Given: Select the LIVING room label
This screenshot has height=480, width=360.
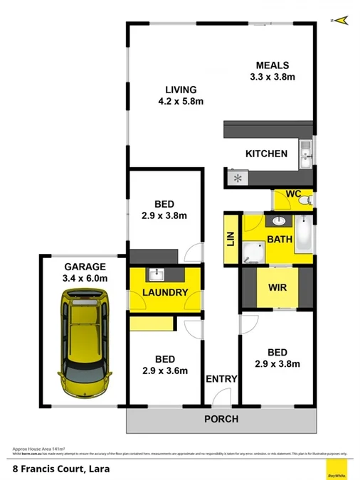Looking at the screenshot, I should coord(181,90).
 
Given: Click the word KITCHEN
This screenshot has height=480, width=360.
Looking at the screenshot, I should coord(266,154).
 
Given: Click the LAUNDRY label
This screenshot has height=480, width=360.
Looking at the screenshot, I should coord(165,292).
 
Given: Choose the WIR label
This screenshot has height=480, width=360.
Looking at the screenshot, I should coord(277,288).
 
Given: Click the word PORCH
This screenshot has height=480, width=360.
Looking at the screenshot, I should coord(221,419).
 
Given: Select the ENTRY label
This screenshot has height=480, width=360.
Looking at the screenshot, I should coord(221,379).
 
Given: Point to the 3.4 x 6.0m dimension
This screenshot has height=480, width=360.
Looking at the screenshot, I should coord(85,279).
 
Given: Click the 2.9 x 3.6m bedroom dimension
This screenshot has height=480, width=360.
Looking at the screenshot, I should coord(164,370).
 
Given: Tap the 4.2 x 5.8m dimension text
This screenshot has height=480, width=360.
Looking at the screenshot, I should coord(181,101).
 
